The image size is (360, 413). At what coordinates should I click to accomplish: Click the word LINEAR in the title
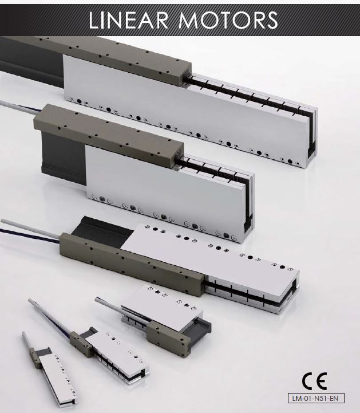pos(128,20)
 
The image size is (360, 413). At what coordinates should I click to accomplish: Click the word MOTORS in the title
pos(228,20)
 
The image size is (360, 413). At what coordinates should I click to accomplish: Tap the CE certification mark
pos(314,381)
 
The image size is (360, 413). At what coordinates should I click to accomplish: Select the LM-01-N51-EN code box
pos(316,398)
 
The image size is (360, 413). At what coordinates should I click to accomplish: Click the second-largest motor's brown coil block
pos(108,135)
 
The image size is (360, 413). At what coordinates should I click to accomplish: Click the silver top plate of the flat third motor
pos(211,253)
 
